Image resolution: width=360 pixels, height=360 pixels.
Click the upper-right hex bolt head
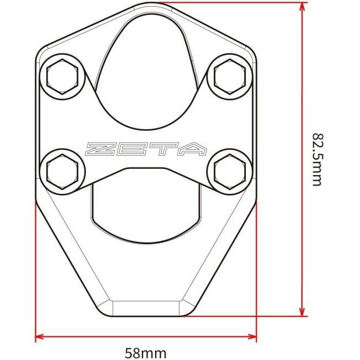pos(229,75)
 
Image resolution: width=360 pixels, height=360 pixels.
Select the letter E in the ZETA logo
pos(133,149)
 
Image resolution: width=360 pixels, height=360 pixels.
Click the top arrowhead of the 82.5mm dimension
pos(302,7)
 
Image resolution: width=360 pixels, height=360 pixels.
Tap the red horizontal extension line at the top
pos(222,3)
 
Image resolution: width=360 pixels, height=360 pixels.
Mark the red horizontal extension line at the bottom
pos(244,317)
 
